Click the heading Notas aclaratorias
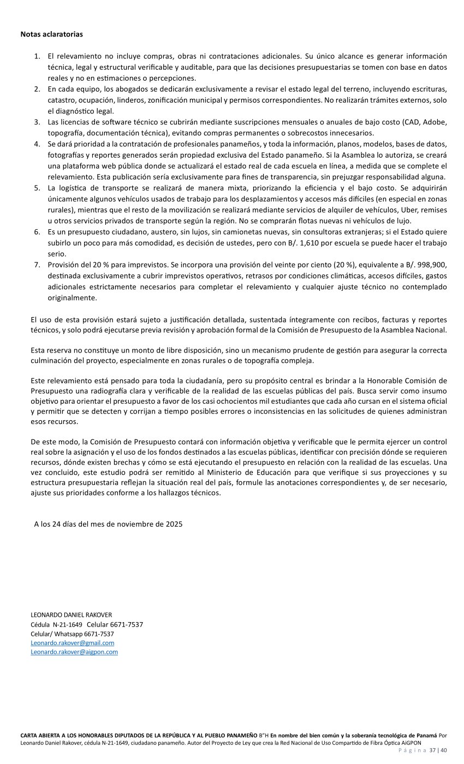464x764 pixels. click(52, 34)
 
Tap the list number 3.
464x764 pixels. click(37, 122)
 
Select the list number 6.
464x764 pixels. click(37, 232)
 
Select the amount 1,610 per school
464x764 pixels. click(315, 243)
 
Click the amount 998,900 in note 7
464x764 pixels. click(431, 265)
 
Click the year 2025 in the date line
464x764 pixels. click(173, 524)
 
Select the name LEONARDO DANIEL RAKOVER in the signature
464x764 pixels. click(71, 615)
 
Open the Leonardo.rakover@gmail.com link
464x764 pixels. click(73, 643)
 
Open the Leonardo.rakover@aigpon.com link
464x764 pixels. click(74, 652)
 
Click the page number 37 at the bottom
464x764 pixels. click(432, 750)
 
